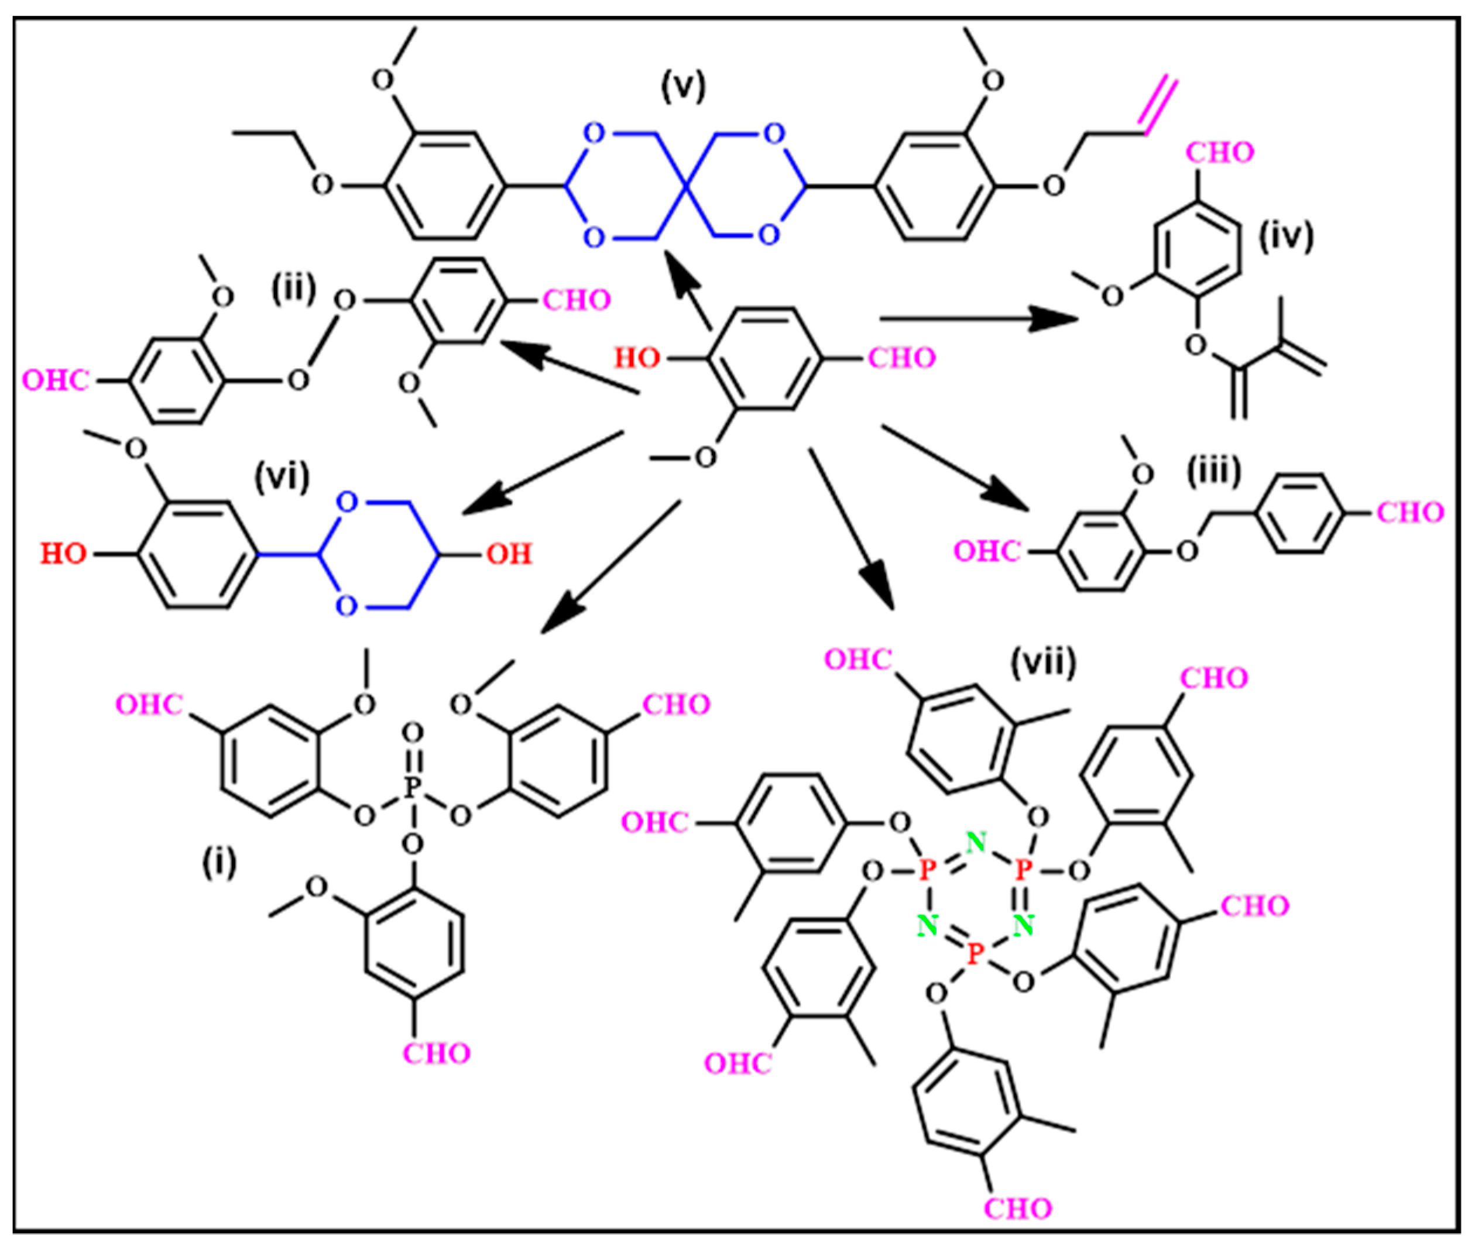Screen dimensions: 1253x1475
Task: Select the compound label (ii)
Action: [293, 290]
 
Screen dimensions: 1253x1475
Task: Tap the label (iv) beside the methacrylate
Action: [1286, 236]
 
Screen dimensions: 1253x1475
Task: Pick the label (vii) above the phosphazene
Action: [1043, 662]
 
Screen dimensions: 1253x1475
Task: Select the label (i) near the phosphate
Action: [219, 863]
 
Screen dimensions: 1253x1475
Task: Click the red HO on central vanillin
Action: [637, 358]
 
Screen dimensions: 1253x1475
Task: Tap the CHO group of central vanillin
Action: [901, 358]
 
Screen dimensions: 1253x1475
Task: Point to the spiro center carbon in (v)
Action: [685, 186]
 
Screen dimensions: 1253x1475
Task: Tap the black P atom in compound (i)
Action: [412, 787]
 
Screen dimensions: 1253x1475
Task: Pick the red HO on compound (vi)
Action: [63, 553]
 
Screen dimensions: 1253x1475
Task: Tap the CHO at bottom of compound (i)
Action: [436, 1053]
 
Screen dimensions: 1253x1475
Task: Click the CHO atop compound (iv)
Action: [1219, 152]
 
